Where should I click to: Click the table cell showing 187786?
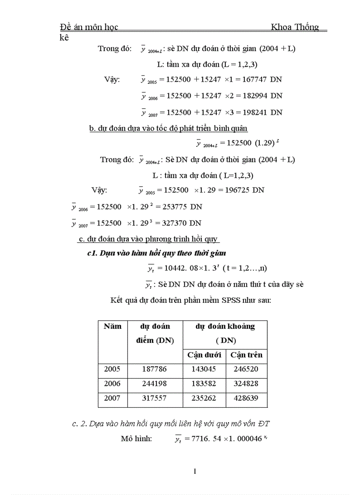point(154,369)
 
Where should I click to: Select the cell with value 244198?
point(154,384)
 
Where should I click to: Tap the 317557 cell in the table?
point(154,399)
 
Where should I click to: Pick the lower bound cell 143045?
point(204,369)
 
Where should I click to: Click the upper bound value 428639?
point(246,399)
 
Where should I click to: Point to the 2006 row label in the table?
point(112,384)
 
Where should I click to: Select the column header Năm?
point(112,327)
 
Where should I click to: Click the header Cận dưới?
point(204,355)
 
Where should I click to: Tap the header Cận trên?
point(246,355)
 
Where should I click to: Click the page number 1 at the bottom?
point(195,472)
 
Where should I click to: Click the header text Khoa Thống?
point(295,27)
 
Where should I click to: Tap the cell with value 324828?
point(246,384)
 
